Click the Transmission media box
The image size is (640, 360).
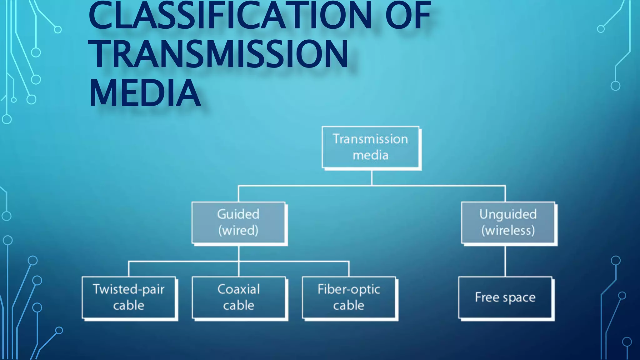click(x=370, y=147)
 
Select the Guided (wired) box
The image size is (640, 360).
click(x=238, y=222)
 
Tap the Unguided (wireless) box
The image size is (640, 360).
click(x=508, y=222)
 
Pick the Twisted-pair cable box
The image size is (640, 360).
click(x=128, y=297)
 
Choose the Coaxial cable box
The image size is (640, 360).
click(x=239, y=297)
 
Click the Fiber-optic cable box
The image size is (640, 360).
click(x=349, y=297)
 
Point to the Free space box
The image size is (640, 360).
click(x=505, y=297)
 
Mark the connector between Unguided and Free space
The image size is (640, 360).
click(x=505, y=261)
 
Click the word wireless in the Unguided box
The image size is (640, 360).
click(x=508, y=231)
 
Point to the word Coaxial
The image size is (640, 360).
click(x=239, y=289)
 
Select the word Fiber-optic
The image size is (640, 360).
click(x=349, y=290)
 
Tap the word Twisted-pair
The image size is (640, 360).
click(x=128, y=290)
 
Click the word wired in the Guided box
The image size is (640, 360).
click(x=238, y=231)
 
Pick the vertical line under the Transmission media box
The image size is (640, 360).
click(x=372, y=178)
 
